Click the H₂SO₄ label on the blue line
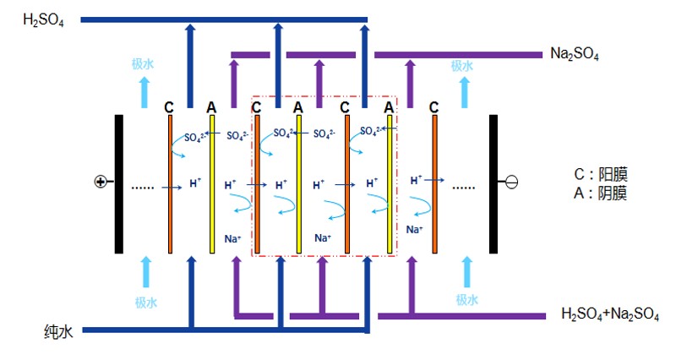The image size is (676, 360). pyautogui.click(x=41, y=19)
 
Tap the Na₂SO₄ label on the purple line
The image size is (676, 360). pyautogui.click(x=574, y=55)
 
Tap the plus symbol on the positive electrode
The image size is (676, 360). pyautogui.click(x=100, y=182)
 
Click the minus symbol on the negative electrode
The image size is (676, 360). pyautogui.click(x=511, y=182)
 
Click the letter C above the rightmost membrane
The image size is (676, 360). pyautogui.click(x=433, y=107)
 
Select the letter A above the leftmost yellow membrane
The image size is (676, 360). pyautogui.click(x=211, y=107)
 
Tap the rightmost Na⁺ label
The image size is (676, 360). pyautogui.click(x=415, y=229)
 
